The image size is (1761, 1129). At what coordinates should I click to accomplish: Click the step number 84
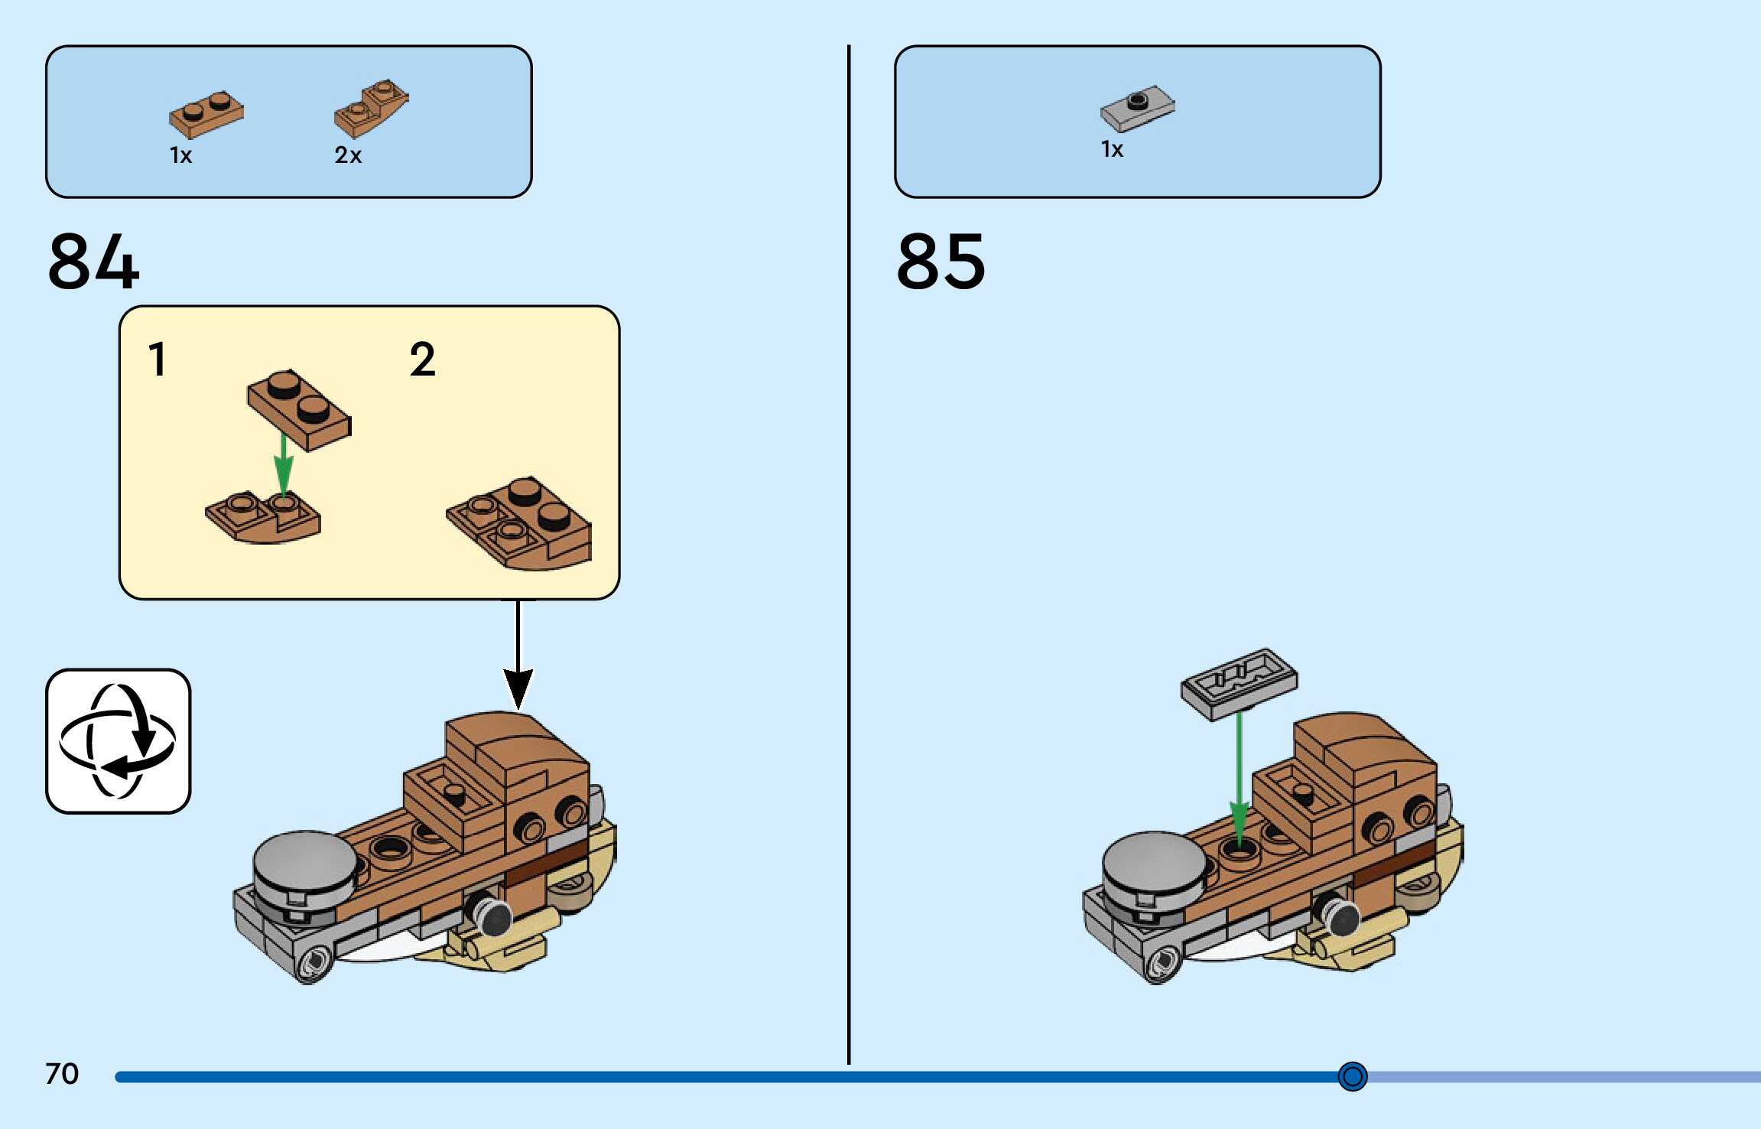(93, 262)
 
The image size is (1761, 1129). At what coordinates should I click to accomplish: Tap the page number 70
(62, 1074)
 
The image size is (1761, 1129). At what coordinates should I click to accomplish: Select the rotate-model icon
(119, 741)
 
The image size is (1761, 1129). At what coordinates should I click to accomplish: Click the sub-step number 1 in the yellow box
(158, 360)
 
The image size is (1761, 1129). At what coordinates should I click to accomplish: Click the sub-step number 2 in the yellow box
(422, 360)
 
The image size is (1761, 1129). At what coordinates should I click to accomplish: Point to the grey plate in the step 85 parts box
(1137, 109)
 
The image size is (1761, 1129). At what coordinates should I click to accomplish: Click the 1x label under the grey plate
(1112, 149)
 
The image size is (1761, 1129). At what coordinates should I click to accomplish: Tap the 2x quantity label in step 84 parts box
(348, 155)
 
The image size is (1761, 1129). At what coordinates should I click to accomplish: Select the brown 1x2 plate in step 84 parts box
(206, 115)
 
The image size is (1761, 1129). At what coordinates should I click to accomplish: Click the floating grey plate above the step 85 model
(1239, 683)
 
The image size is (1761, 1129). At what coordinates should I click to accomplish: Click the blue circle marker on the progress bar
(1352, 1076)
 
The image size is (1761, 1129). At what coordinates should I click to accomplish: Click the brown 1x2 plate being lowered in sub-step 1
(299, 409)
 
